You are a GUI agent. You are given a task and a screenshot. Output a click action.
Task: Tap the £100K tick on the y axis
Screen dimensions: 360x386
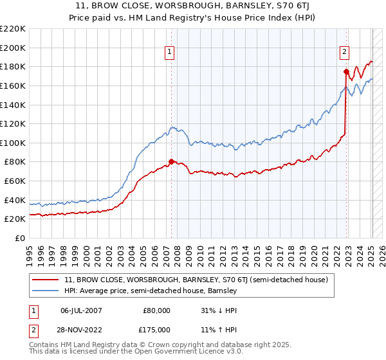click(x=13, y=143)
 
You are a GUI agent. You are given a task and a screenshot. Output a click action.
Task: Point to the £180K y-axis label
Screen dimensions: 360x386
click(x=13, y=66)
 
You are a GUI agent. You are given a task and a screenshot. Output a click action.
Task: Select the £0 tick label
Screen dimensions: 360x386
click(x=19, y=238)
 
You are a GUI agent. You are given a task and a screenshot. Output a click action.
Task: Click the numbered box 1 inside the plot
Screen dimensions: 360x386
click(x=170, y=53)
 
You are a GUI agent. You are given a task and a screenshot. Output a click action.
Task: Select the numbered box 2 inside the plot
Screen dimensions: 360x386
click(x=345, y=53)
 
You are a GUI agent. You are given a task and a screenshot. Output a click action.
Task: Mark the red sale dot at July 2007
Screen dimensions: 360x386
click(x=171, y=161)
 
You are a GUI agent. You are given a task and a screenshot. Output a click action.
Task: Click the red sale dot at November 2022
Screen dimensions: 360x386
click(x=346, y=71)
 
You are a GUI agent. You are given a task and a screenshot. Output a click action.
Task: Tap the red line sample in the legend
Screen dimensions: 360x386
click(x=45, y=280)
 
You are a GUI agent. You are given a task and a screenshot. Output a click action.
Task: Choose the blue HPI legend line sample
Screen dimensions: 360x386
click(x=45, y=291)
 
